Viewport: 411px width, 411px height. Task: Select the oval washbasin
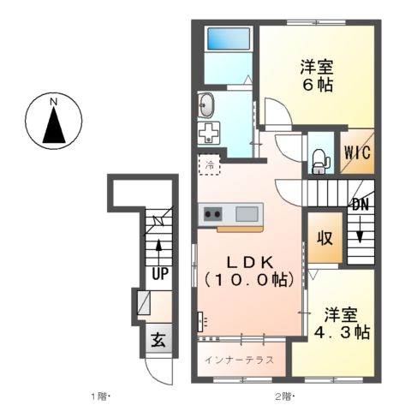206,105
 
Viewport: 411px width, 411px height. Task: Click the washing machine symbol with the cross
207,134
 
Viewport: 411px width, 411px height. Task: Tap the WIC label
357,154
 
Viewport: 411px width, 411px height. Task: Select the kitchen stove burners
212,213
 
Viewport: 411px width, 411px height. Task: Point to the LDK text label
249,261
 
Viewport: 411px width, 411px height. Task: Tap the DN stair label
360,206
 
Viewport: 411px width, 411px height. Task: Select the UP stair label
159,274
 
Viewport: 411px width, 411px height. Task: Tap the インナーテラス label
239,360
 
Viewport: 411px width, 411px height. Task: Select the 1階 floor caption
100,396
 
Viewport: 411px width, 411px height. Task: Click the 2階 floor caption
284,396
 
